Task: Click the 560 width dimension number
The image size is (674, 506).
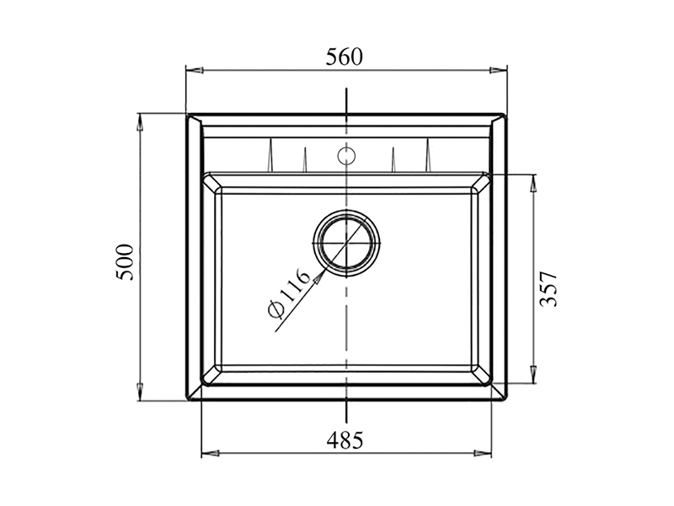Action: (x=345, y=57)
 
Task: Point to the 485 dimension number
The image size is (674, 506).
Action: (x=345, y=439)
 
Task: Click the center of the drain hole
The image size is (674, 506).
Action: (x=346, y=242)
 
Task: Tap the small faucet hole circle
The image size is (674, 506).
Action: (x=345, y=155)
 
